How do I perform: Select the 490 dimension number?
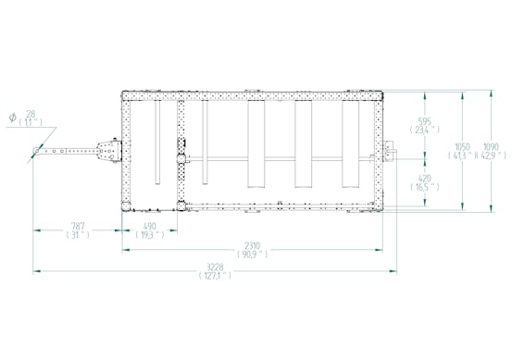[x=148, y=225]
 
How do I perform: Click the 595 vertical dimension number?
[x=425, y=120]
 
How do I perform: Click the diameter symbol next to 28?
[x=12, y=117]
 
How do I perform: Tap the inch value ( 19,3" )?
[x=148, y=235]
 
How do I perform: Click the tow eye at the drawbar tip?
[x=36, y=151]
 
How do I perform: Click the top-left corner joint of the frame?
[x=127, y=93]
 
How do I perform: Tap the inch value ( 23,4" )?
[x=425, y=130]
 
